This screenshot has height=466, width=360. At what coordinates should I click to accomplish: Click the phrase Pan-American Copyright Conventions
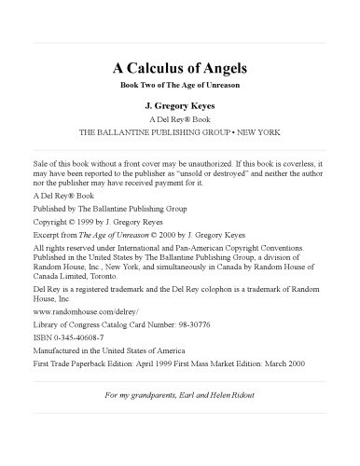point(249,238)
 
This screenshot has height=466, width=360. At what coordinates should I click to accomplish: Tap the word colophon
point(203,279)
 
